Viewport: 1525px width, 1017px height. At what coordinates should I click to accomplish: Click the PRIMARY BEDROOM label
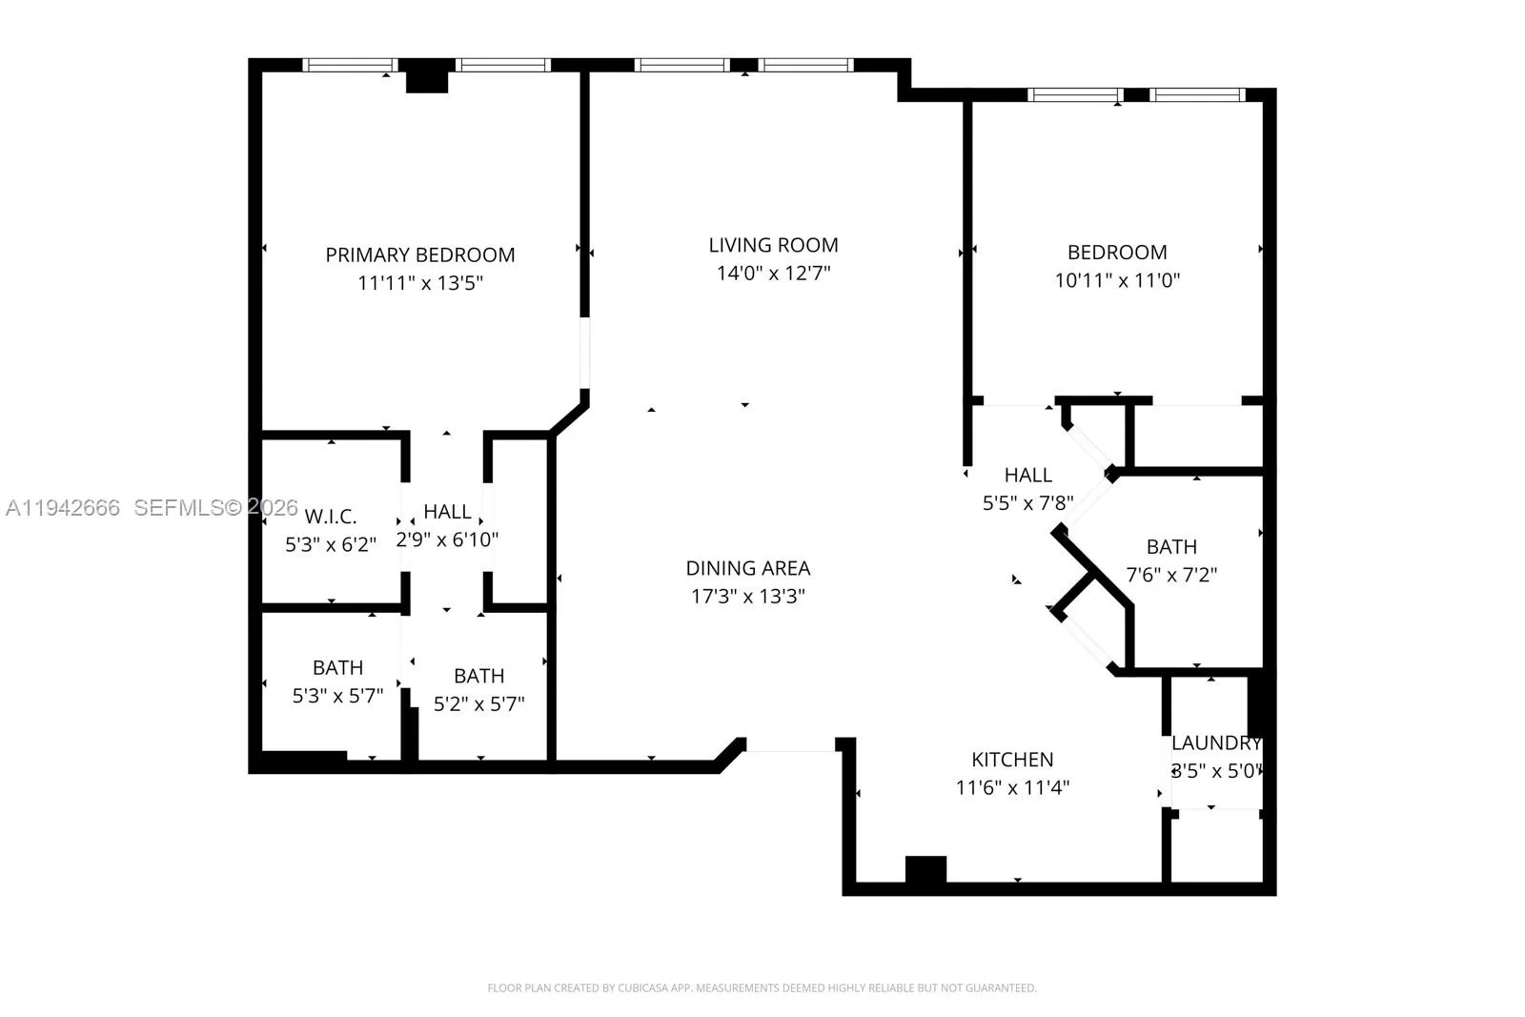click(419, 254)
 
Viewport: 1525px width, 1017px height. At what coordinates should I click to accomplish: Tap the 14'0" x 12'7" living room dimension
click(773, 274)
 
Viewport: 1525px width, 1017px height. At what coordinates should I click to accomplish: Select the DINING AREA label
click(747, 568)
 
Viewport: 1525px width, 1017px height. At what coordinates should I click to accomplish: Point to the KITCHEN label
click(1012, 760)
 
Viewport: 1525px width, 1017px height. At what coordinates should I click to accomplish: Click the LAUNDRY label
click(1215, 742)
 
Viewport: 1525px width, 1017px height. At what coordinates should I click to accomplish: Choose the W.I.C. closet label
click(331, 517)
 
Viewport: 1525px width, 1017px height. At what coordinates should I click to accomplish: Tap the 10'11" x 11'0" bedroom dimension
click(1117, 280)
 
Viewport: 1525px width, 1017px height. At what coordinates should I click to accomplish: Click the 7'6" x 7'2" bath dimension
click(1171, 575)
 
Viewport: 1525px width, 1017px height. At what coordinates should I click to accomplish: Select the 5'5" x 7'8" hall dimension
click(1027, 502)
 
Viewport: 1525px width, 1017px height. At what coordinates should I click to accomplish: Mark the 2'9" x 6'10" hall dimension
click(447, 539)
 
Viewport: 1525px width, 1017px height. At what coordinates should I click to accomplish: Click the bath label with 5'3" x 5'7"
click(337, 667)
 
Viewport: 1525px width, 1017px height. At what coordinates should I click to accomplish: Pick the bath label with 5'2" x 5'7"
click(478, 676)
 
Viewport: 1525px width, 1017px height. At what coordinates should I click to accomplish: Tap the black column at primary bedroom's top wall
click(426, 76)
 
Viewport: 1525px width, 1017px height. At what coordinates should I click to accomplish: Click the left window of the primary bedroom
click(350, 65)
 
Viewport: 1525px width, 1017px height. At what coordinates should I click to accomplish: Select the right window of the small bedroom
click(1197, 94)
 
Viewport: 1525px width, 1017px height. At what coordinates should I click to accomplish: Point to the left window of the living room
click(681, 65)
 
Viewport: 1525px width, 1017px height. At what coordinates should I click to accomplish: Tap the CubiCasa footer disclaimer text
click(762, 988)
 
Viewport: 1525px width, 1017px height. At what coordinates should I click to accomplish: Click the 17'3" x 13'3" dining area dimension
click(747, 597)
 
